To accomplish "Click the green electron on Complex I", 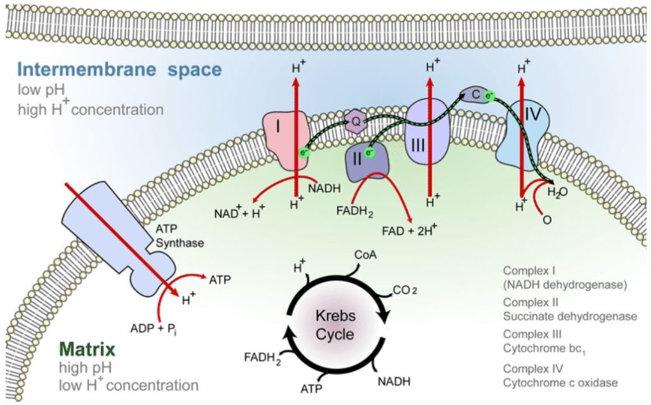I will coord(306,153).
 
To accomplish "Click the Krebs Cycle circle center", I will coord(335,325).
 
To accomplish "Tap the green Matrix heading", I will coord(87,349).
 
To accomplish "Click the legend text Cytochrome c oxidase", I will coord(560,383).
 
